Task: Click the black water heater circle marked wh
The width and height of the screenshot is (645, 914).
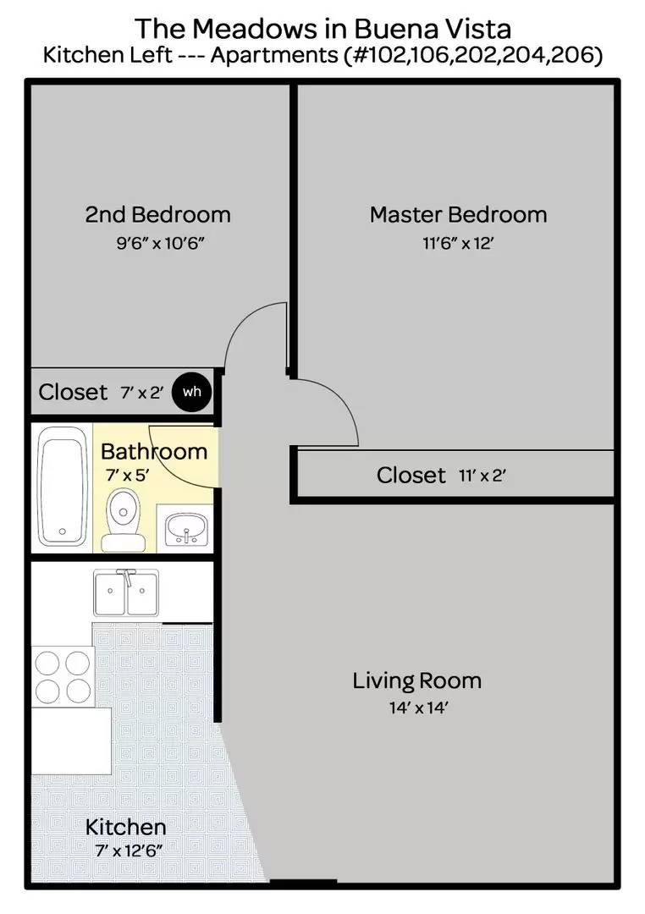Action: coord(191,392)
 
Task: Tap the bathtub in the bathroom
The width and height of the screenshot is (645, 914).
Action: coord(63,486)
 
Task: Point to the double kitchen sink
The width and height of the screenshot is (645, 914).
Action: coord(126,592)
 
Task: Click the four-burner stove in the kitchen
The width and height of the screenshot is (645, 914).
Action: coord(62,674)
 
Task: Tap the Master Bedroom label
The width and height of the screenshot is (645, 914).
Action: coord(458,214)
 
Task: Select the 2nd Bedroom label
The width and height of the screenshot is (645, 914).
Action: coord(157,214)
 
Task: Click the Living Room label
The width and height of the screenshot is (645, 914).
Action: coord(416,680)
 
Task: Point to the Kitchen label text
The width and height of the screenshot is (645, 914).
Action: coord(125,826)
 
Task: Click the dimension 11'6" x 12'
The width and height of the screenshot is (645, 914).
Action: coord(458,244)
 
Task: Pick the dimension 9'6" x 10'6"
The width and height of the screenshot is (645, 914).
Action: coord(161,244)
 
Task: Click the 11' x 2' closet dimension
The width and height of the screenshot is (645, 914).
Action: coord(482,476)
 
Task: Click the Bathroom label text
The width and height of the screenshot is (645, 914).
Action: coord(154,451)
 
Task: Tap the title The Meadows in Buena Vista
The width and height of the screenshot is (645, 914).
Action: coord(322,29)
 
